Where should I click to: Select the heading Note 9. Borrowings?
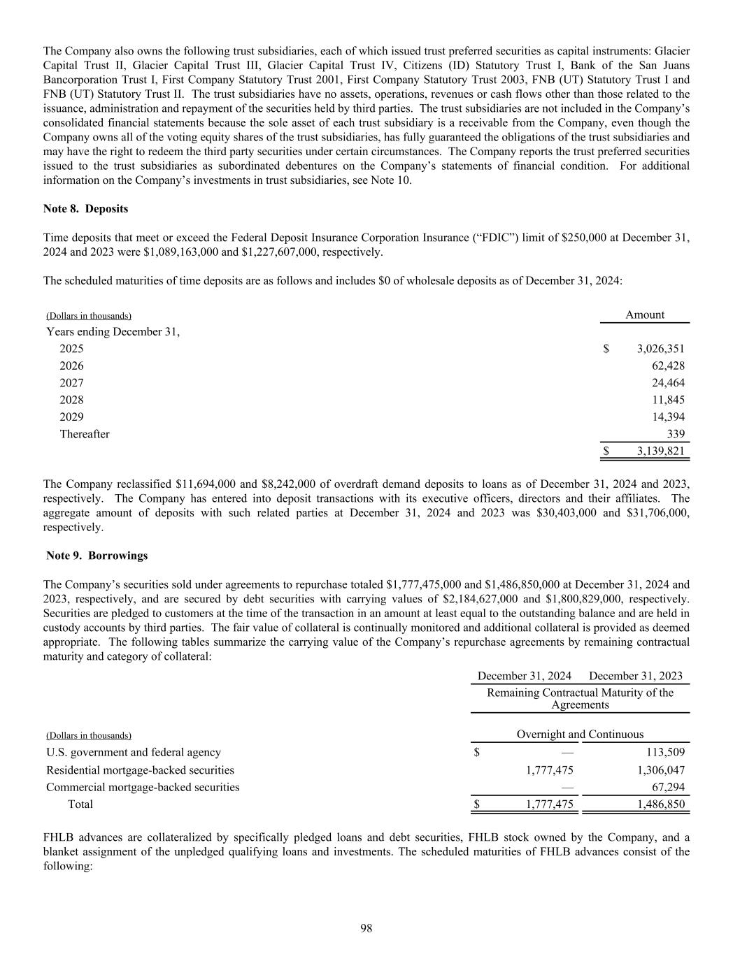(x=97, y=556)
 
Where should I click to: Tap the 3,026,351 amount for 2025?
(x=660, y=349)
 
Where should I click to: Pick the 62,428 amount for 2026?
(x=668, y=366)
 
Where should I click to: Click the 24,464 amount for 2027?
(x=668, y=383)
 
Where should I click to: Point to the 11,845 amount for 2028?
(x=668, y=400)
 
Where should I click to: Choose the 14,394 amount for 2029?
(x=668, y=417)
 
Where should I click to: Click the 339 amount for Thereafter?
(x=675, y=434)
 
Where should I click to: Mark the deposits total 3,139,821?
(x=660, y=451)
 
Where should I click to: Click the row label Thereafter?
(x=85, y=434)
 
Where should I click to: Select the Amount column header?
(x=644, y=315)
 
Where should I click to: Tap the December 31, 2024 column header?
(x=524, y=676)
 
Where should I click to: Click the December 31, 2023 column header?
(x=636, y=676)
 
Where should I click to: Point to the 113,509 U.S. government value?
(x=664, y=753)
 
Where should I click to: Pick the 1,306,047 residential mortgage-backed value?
(x=660, y=770)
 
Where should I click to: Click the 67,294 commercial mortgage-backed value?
(x=668, y=787)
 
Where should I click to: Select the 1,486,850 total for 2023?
(x=660, y=804)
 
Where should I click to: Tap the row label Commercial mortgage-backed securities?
(x=143, y=787)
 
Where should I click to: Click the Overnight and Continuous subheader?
(x=580, y=735)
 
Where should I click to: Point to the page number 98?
(x=366, y=928)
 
